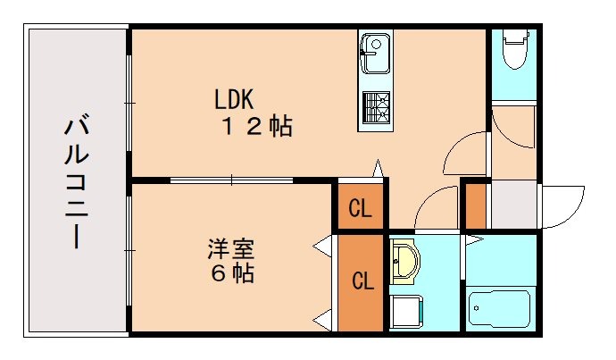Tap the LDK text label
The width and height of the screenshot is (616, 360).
(x=237, y=96)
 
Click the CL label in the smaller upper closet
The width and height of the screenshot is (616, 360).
(x=360, y=211)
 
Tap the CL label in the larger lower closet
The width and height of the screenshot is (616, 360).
(x=362, y=282)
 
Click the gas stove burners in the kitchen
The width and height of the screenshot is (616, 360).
(x=374, y=106)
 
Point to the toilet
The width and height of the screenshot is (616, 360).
(x=514, y=49)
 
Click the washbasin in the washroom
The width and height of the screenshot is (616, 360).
(x=406, y=260)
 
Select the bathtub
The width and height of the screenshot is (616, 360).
(x=501, y=310)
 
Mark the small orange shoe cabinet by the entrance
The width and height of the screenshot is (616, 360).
(x=476, y=205)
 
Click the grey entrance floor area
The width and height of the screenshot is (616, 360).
(x=512, y=205)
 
